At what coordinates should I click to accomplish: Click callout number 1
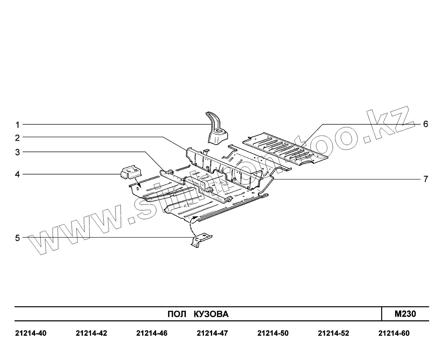click(x=17, y=125)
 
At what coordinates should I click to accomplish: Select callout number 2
click(x=17, y=138)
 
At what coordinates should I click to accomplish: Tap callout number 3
click(x=17, y=152)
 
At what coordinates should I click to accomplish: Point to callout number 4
click(x=17, y=174)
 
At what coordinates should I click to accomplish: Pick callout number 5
click(x=17, y=238)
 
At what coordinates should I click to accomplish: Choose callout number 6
click(x=426, y=124)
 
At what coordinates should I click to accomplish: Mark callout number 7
click(x=426, y=179)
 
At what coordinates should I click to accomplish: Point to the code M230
click(x=405, y=314)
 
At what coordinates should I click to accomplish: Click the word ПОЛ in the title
click(x=176, y=314)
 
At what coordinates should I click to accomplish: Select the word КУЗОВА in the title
click(x=211, y=314)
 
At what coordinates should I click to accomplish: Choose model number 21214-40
click(x=31, y=333)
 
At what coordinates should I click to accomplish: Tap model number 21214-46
click(x=152, y=333)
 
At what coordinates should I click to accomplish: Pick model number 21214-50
click(x=273, y=333)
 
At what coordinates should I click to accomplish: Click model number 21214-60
click(x=394, y=333)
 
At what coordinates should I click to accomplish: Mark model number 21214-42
click(x=91, y=333)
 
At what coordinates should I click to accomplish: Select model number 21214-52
click(x=334, y=333)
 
